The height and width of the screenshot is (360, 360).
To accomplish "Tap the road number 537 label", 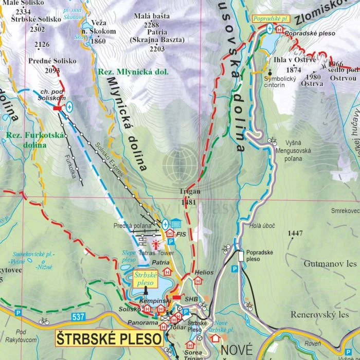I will click(78, 317).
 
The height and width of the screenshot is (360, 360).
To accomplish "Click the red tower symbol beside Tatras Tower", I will click(156, 241).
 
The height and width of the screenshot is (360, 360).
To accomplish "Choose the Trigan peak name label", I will click(189, 191).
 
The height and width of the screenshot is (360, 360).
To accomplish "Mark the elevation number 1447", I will click(295, 233).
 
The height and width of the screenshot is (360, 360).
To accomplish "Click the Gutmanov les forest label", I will click(330, 263).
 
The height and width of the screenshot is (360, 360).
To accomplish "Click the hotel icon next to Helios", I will click(197, 281).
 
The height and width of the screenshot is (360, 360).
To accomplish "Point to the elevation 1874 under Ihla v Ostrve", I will click(293, 69).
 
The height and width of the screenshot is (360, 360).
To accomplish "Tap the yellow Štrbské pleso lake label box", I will click(145, 279).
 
